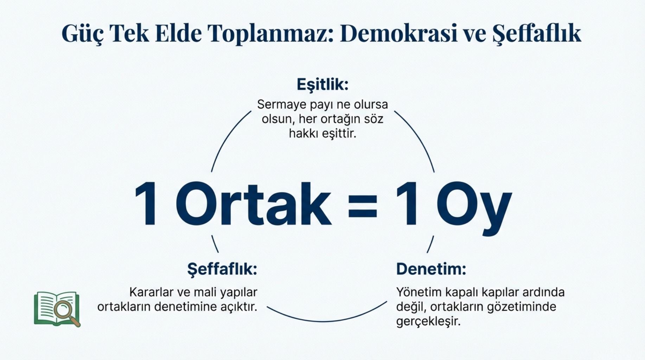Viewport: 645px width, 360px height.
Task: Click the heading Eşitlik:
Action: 322,85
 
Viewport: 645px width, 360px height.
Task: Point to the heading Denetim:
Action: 431,269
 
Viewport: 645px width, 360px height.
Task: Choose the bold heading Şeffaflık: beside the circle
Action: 222,270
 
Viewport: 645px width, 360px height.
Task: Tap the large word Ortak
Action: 254,204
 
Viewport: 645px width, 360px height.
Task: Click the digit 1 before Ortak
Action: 146,204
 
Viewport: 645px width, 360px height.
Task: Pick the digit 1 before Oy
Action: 407,204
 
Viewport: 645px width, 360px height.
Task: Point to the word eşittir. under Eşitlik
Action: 339,134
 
